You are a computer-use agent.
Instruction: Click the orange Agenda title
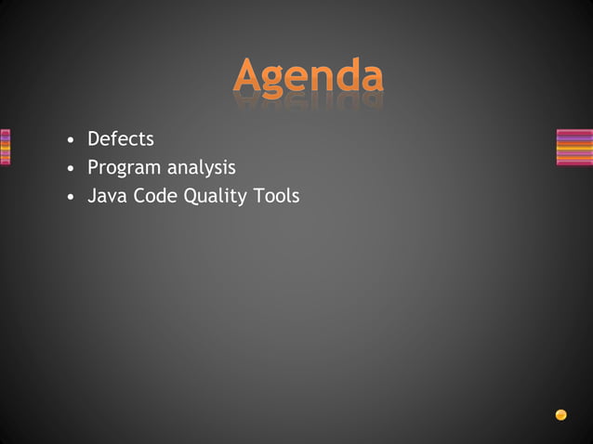308,76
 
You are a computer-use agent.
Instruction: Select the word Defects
121,139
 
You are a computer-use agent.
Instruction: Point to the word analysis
201,168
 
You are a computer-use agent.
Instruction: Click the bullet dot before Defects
70,141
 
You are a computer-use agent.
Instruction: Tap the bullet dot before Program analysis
70,170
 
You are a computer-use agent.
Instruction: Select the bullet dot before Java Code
70,198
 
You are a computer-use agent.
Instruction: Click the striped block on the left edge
5,147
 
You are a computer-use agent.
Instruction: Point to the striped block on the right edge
573,147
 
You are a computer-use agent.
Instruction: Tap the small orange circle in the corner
560,414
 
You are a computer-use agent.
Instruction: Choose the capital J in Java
92,196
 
